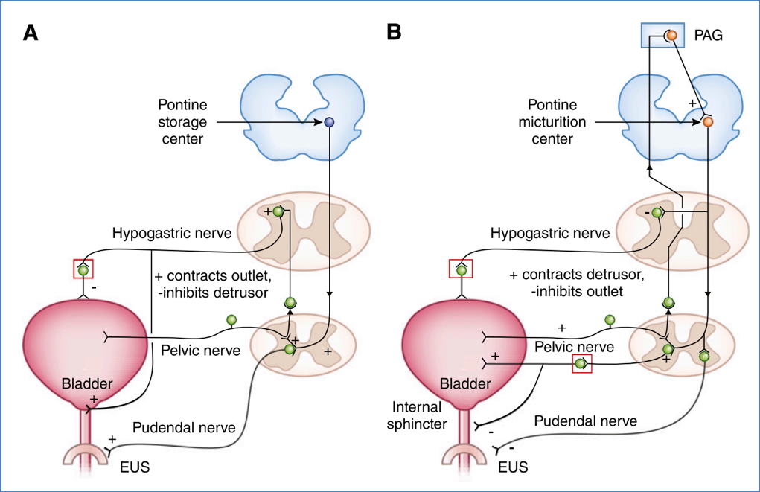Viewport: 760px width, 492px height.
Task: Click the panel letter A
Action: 31,33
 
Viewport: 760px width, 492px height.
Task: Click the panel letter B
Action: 394,33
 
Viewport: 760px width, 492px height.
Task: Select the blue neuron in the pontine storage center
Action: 329,122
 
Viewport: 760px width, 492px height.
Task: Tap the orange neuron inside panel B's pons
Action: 708,121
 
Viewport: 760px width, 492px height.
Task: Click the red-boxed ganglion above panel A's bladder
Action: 83,269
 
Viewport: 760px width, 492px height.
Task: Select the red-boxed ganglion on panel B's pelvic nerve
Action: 581,364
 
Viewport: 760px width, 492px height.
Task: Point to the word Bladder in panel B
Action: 467,384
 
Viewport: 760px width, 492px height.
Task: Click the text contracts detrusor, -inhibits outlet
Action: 576,283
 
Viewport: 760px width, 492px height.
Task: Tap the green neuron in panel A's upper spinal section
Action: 278,212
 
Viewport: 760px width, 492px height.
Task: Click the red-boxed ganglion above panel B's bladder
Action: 462,269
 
